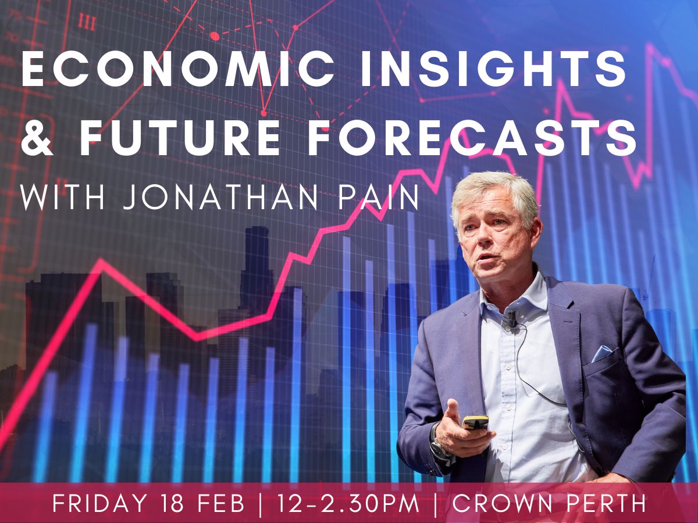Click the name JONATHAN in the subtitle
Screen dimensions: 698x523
220,199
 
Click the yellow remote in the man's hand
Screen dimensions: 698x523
475,423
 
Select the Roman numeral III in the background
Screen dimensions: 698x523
87,22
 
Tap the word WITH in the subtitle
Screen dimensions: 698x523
62,199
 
